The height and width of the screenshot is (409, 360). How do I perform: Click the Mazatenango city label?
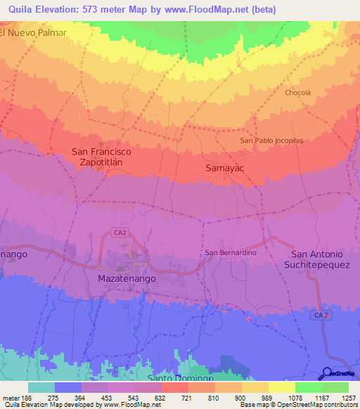(124, 278)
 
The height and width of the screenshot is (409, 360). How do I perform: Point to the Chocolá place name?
(297, 93)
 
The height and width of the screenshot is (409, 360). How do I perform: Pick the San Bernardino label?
(229, 252)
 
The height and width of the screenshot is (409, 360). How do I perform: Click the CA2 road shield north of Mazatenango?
(121, 233)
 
